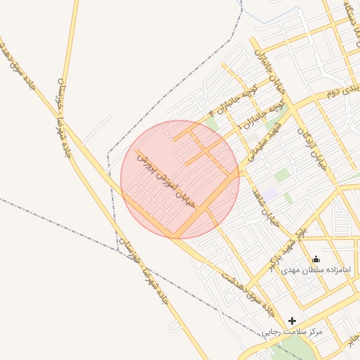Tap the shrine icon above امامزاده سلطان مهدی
tap(316, 259)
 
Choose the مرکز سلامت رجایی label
tap(292, 330)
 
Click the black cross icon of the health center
tap(292, 321)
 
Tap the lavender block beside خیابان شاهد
tap(271, 192)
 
